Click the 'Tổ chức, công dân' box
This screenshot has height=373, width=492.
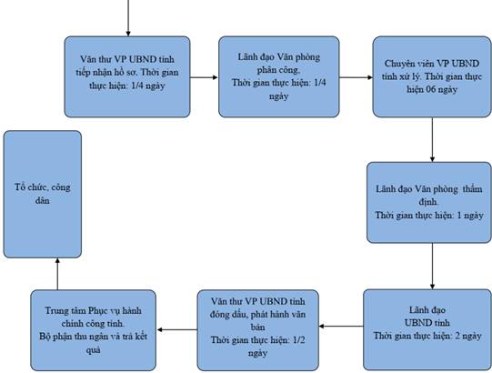[x=43, y=194]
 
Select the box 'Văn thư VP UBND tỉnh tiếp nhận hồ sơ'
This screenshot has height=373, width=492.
[x=127, y=77]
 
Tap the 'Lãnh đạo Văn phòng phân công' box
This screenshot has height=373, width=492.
[x=279, y=77]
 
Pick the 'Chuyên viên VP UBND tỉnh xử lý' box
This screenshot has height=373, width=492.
[x=432, y=77]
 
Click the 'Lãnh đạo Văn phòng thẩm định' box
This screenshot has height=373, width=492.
[x=429, y=203]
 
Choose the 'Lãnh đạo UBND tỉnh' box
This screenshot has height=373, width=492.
[x=427, y=329]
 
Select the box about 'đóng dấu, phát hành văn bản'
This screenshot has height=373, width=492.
[x=258, y=330]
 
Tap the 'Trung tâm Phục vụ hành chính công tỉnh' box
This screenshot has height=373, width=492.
[x=93, y=330]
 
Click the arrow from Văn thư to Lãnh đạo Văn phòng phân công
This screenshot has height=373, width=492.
[x=205, y=77]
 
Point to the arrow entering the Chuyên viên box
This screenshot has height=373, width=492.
[x=356, y=77]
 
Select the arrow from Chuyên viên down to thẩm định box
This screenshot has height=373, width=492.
[x=432, y=140]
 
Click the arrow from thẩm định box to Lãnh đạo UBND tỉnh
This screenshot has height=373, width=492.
[x=432, y=267]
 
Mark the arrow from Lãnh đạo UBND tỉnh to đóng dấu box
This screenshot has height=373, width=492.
[x=341, y=327]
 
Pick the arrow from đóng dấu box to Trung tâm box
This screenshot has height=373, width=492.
[x=176, y=329]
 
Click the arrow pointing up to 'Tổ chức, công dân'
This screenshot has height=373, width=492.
[x=57, y=274]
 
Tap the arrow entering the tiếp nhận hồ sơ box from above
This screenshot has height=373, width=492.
[x=128, y=18]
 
